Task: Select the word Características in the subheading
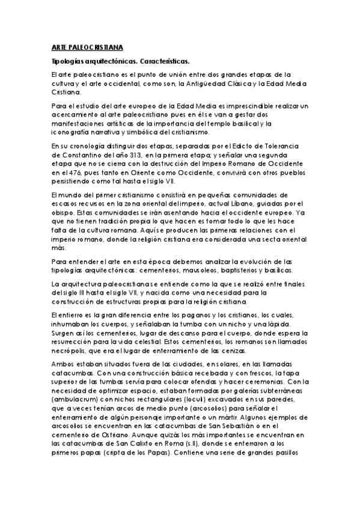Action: pos(160,61)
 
